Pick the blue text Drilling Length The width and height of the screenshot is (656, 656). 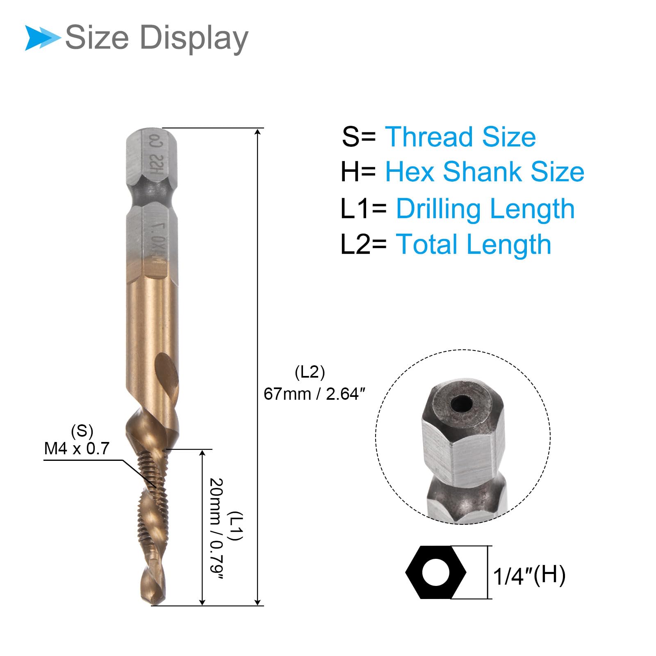(x=485, y=209)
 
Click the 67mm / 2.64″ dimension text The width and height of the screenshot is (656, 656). (x=314, y=394)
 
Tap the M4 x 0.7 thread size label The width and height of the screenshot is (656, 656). (x=77, y=449)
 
